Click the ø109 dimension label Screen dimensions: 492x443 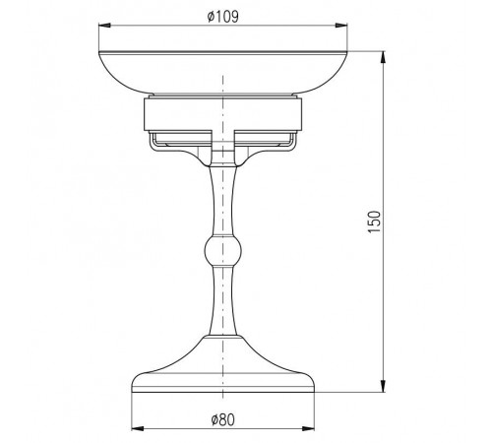tap(223, 17)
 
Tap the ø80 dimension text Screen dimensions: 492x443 tap(223, 419)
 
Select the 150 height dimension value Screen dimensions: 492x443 tap(375, 222)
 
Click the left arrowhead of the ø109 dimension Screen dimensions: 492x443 tap(105, 26)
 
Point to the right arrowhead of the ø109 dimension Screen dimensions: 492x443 tap(340, 26)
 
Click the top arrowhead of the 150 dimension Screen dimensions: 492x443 tap(383, 58)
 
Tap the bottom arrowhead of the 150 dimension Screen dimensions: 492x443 tap(383, 386)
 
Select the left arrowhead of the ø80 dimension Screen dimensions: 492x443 tap(138, 428)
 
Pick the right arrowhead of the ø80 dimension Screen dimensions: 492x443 tap(308, 428)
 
